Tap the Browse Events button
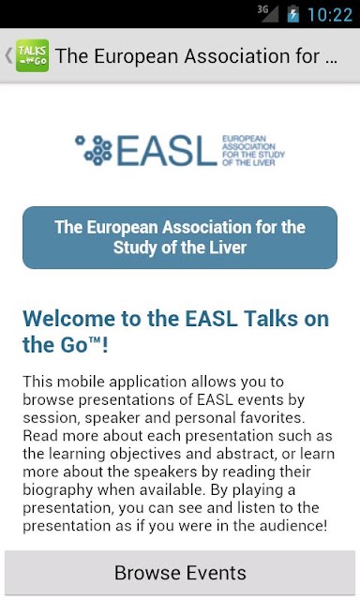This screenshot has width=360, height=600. (180, 573)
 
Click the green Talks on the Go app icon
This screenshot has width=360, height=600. (32, 55)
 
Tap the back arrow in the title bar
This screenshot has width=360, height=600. (8, 55)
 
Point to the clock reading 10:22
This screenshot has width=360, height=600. (330, 15)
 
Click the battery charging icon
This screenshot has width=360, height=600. (293, 14)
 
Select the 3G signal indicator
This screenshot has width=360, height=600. (268, 13)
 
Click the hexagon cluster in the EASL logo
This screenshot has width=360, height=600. (94, 150)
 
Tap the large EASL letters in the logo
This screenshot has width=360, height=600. (167, 150)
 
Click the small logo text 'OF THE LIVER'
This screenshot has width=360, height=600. (248, 162)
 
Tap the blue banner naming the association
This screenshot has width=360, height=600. (180, 237)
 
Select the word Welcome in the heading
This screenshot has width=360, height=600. (68, 319)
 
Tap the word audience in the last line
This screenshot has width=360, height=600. (293, 525)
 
